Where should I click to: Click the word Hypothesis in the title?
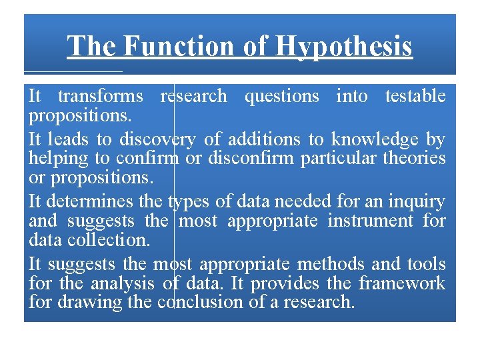click(344, 47)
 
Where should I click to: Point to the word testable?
click(415, 96)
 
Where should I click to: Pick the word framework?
click(401, 283)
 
